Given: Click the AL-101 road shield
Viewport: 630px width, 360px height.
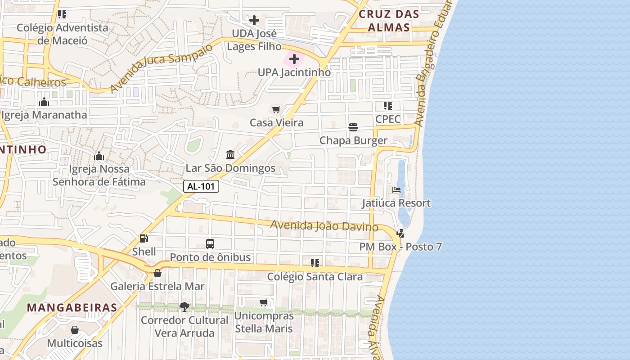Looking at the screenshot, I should point(201,186).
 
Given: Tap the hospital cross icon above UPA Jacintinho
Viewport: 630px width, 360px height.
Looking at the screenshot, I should point(294,59).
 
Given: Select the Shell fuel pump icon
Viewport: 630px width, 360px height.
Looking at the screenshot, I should point(144,238).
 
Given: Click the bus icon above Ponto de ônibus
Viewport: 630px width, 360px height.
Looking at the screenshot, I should point(210,244).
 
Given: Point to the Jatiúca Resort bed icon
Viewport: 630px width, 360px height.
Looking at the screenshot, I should point(396,190).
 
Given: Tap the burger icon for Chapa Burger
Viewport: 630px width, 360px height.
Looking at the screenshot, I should point(353,127).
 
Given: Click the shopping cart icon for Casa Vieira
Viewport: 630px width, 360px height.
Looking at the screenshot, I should point(276,109).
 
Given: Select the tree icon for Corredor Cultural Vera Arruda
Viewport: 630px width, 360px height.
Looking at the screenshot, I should point(184,307).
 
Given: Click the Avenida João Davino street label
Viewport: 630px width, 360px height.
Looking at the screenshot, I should point(324,225).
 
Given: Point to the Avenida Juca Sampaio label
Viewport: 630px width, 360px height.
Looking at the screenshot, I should point(161,67).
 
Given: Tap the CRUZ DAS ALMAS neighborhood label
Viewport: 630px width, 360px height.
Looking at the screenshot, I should point(389,21).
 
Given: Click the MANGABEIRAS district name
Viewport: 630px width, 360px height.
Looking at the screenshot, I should point(72,308).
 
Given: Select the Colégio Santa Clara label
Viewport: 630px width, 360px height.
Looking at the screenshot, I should point(315,276).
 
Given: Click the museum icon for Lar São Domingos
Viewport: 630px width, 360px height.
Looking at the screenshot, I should point(230,155).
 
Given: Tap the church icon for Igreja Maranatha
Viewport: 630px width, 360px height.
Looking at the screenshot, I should point(44,102).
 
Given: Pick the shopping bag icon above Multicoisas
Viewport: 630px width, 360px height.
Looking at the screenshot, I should point(75,330).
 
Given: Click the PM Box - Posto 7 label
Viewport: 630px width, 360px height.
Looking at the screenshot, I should point(400,247).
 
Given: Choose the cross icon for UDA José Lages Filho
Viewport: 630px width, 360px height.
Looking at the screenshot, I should point(254,20).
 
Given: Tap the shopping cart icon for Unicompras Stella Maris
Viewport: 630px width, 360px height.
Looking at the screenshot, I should point(264,302).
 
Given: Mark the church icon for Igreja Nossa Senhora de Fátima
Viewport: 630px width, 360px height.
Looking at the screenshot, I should point(99,156).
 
